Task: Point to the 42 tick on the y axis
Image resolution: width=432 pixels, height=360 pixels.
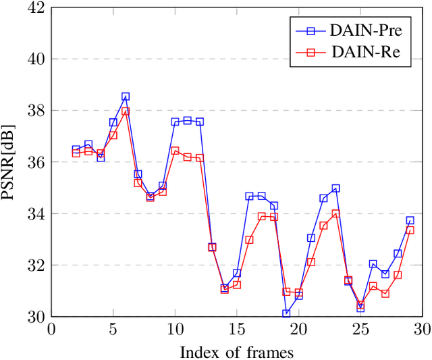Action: point(36,8)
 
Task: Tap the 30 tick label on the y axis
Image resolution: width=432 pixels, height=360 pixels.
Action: point(36,317)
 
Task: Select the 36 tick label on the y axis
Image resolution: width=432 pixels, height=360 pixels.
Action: point(36,162)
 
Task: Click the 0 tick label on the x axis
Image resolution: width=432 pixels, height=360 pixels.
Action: point(51,329)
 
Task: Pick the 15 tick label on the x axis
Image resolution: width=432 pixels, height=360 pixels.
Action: point(237,329)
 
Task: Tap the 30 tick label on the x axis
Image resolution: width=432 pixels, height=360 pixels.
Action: point(422,329)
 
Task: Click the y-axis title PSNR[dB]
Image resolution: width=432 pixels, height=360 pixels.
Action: point(12,162)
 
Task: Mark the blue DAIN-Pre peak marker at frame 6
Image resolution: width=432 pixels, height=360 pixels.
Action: point(126,97)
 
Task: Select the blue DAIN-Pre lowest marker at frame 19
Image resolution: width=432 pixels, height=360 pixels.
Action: point(286,313)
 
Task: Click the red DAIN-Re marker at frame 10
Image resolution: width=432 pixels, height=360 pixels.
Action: point(175,151)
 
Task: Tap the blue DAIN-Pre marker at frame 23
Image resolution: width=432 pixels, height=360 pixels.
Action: point(335,188)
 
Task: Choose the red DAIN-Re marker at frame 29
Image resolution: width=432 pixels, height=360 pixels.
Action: point(410,230)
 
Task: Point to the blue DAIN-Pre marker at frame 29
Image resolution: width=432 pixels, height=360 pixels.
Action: point(410,220)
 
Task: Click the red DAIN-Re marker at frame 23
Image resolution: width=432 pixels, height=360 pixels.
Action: point(335,213)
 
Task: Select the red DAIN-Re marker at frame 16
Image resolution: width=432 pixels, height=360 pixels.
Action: point(249,240)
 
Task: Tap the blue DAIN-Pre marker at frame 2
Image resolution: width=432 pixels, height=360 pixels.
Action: point(76,149)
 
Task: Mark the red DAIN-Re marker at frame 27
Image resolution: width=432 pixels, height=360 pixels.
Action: point(385,294)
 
